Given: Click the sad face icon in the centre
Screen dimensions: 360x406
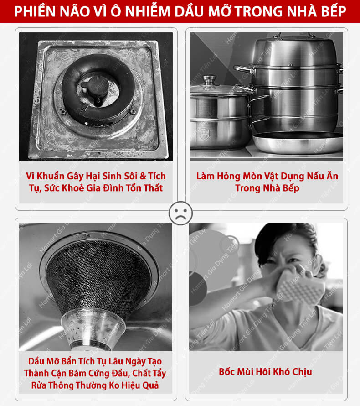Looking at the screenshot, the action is pyautogui.click(x=180, y=213).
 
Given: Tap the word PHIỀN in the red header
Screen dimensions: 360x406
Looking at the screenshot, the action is pyautogui.click(x=35, y=11).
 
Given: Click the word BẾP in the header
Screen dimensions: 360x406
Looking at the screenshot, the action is pyautogui.click(x=333, y=11).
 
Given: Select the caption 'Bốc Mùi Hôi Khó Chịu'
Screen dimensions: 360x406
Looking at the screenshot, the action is pyautogui.click(x=265, y=372).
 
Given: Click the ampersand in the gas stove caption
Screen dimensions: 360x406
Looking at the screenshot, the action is pyautogui.click(x=143, y=176).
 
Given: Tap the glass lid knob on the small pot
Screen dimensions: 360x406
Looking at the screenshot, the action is pyautogui.click(x=209, y=80).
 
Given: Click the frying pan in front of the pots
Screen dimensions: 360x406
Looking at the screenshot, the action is pyautogui.click(x=298, y=142).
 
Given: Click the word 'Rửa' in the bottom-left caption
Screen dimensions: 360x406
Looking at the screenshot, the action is pyautogui.click(x=38, y=385).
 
